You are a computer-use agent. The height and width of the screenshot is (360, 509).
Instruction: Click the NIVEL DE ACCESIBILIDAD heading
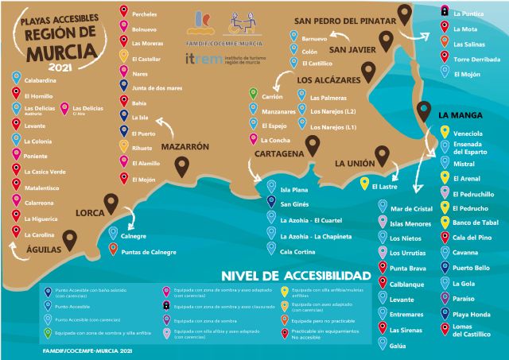pyautogui.click(x=296, y=276)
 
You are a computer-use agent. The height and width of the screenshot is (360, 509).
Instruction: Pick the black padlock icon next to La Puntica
pyautogui.click(x=444, y=12)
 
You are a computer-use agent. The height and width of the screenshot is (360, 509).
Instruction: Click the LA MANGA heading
pyautogui.click(x=461, y=114)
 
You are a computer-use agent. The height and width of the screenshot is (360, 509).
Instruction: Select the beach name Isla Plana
pyautogui.click(x=295, y=190)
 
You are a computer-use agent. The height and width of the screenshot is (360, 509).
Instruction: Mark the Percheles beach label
pyautogui.click(x=145, y=13)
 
